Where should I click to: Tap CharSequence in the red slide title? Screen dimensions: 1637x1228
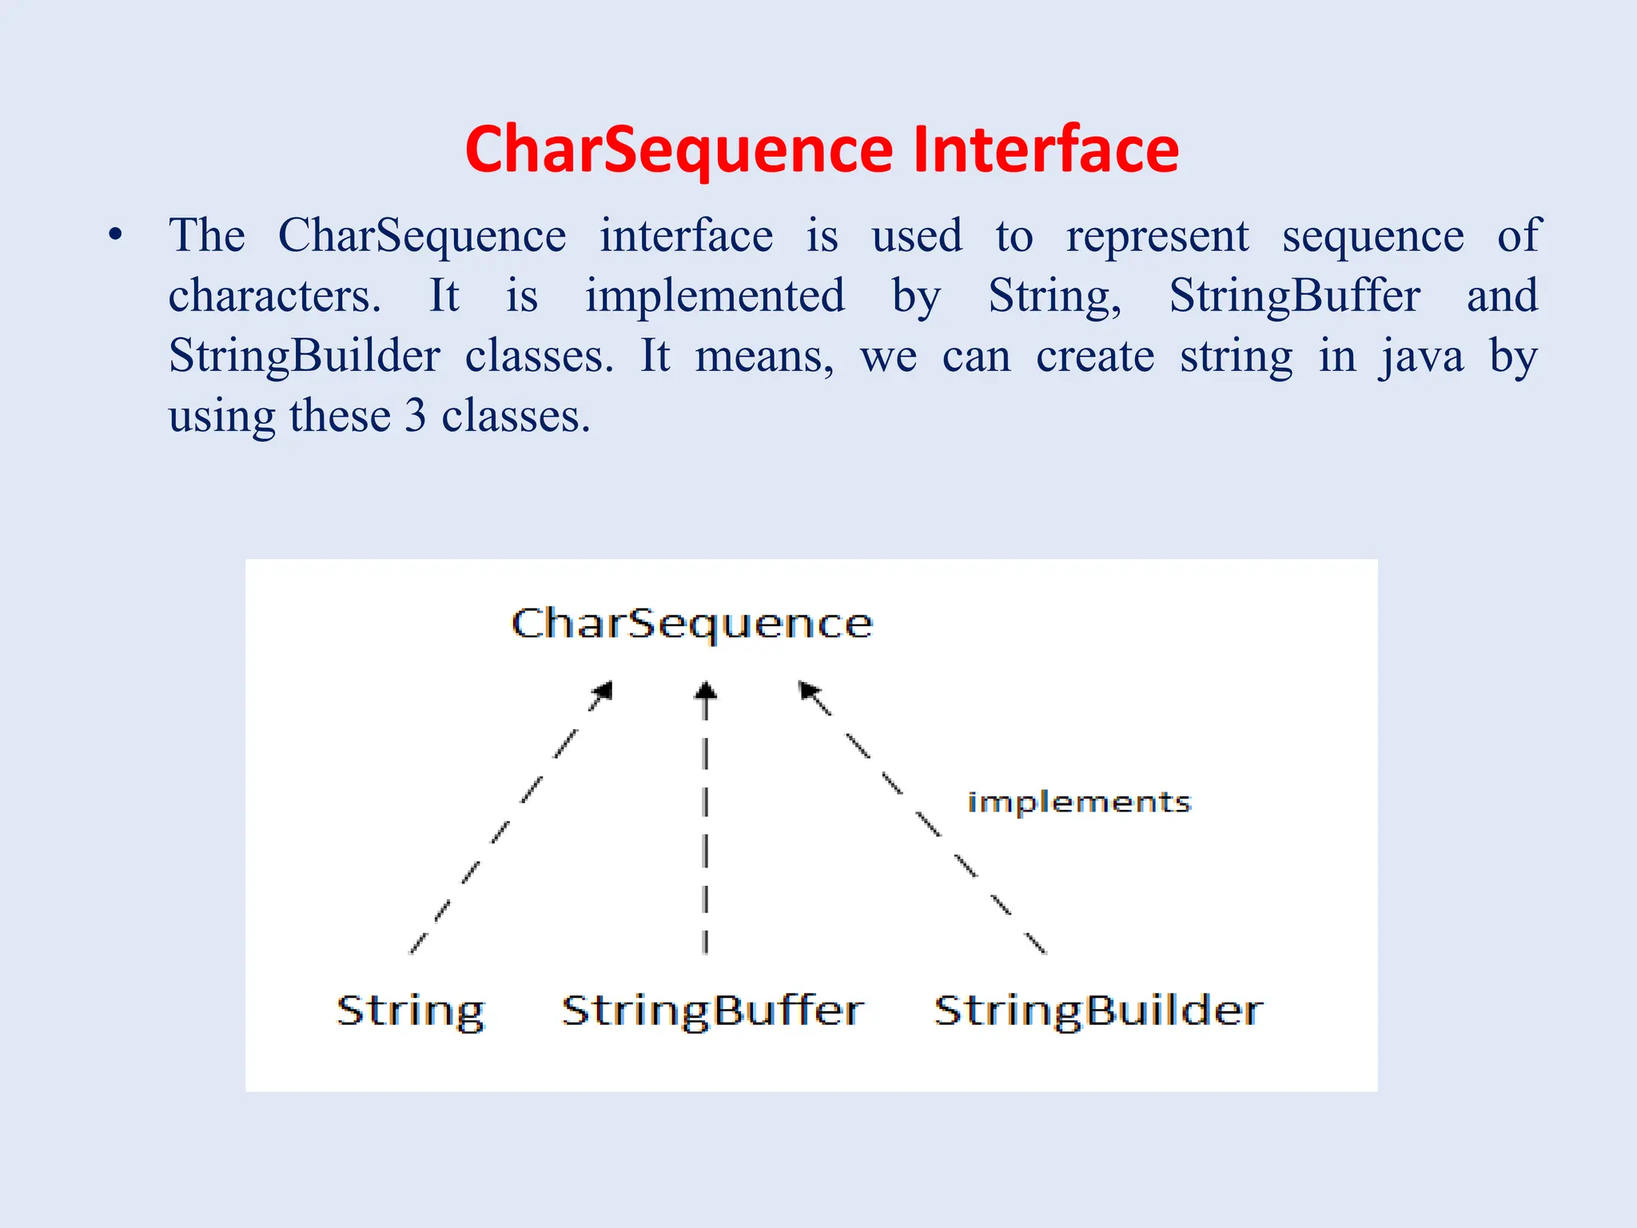click(679, 152)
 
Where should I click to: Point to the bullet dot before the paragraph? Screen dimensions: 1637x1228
click(117, 236)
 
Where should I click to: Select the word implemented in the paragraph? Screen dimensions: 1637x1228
click(715, 297)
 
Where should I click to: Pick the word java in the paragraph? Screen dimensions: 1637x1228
click(1421, 357)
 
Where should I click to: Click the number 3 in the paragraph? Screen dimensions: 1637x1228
click(415, 417)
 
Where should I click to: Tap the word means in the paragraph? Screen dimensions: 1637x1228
click(763, 357)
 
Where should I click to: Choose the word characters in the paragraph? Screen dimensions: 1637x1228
click(274, 297)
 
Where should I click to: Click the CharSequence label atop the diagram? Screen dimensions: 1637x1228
click(691, 624)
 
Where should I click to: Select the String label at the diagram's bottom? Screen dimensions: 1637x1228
click(411, 1012)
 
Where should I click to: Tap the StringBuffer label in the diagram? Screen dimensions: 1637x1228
click(712, 1011)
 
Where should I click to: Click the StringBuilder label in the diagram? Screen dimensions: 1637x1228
click(1098, 1011)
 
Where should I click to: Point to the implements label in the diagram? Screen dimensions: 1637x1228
click(1079, 802)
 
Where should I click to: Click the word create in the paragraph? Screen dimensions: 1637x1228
click(1095, 357)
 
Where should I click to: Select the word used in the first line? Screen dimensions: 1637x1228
click(917, 237)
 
